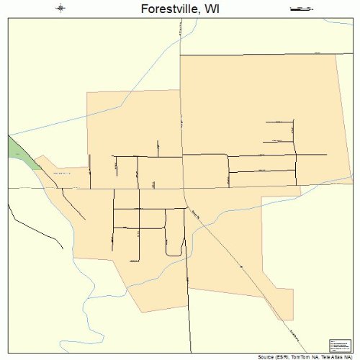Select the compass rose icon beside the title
tap(60, 9)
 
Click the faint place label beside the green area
tap(61, 174)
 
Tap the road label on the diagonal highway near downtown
tap(197, 213)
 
